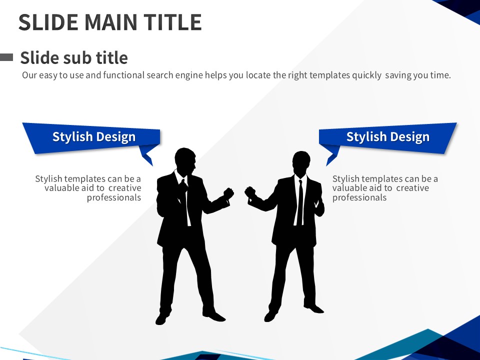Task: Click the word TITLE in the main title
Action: (x=172, y=22)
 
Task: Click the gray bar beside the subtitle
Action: (x=6, y=57)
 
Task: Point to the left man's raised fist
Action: (x=228, y=193)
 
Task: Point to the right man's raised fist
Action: (x=250, y=192)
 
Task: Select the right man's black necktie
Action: (x=300, y=202)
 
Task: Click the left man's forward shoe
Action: (x=214, y=315)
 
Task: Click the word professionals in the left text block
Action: (x=114, y=198)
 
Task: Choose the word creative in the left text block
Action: (x=125, y=188)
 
